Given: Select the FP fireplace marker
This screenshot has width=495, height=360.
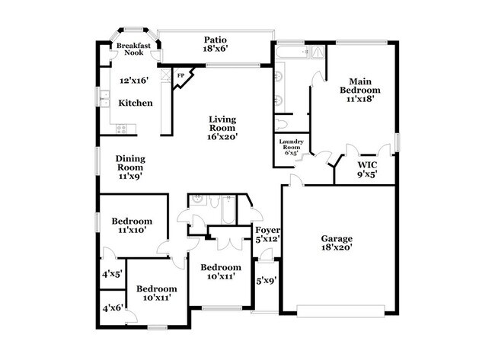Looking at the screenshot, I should [181, 75].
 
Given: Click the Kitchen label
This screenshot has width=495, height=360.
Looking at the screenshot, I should [135, 103].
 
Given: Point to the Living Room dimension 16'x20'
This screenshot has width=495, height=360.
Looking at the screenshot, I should [222, 138].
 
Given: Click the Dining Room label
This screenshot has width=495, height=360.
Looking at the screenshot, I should [130, 163].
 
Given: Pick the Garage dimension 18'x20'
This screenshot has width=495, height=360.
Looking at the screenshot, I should [336, 248].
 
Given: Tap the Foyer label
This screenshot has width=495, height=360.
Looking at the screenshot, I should [267, 230].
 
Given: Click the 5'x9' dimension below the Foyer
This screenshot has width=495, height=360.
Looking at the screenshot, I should [265, 280].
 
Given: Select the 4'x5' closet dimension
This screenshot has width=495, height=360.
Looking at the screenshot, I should [112, 274].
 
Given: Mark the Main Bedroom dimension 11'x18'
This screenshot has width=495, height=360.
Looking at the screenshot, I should [361, 98].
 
